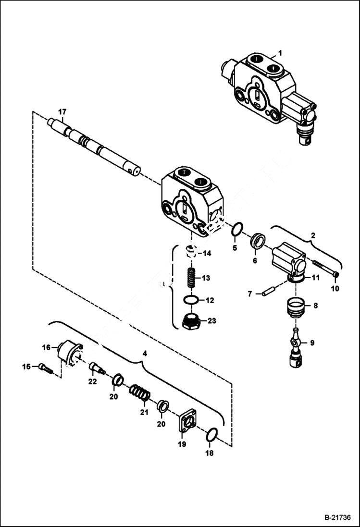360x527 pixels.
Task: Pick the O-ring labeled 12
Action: click(191, 300)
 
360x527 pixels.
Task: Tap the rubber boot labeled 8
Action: click(296, 307)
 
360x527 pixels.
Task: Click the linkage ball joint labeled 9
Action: click(296, 348)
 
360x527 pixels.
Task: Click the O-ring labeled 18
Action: click(211, 436)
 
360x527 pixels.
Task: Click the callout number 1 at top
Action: click(280, 52)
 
